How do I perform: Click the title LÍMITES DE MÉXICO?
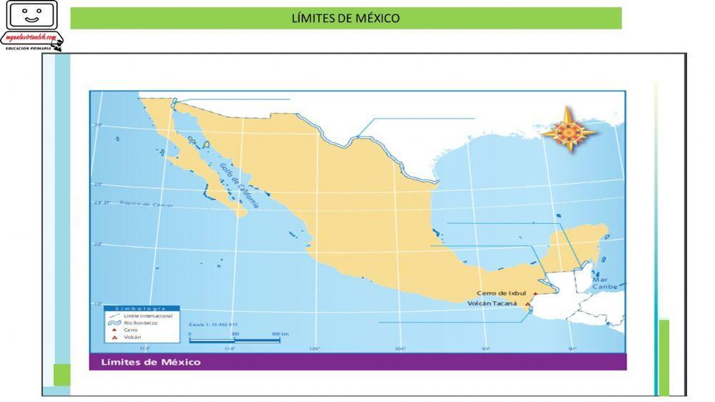[345, 18]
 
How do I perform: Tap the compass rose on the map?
[569, 130]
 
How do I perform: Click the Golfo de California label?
[238, 185]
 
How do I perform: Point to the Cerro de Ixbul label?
[501, 293]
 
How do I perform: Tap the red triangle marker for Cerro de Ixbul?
[535, 293]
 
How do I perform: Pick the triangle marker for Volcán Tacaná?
[528, 304]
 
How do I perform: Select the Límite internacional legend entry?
[147, 315]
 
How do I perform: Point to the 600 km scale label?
[280, 334]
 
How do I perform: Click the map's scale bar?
[234, 340]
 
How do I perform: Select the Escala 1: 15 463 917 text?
[213, 323]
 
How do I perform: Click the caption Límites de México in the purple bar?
[151, 362]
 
